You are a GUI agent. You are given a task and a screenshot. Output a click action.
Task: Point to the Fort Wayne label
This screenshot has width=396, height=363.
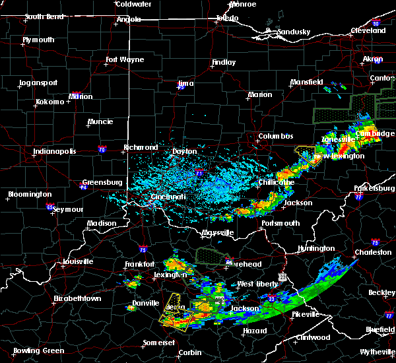[125, 59]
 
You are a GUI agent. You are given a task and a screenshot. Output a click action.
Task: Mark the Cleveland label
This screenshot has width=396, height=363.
[368, 30]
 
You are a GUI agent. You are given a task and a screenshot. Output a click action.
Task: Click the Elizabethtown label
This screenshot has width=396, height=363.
[79, 298]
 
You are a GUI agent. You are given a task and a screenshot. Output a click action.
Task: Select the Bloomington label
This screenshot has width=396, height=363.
[29, 194]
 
